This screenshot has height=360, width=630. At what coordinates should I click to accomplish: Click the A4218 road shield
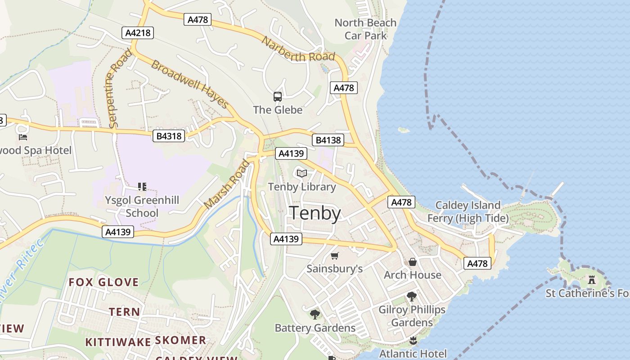tap(138, 32)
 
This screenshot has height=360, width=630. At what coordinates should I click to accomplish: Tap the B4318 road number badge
tap(169, 135)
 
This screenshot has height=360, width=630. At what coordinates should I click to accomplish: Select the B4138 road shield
tap(328, 140)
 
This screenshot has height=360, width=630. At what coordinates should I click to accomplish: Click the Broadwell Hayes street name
tap(190, 84)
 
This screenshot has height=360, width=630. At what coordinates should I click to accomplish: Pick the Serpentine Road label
tap(120, 88)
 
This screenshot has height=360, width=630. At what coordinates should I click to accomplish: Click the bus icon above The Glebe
tap(278, 96)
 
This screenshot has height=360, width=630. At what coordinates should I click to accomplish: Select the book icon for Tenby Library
tap(301, 173)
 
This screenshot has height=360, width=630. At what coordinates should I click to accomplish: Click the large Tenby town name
tap(315, 213)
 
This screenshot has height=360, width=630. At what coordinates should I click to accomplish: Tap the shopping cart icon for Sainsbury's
tap(334, 256)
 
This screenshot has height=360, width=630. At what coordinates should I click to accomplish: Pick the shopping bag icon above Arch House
tap(412, 262)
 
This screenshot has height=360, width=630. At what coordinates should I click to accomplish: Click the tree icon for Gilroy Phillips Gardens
tap(411, 296)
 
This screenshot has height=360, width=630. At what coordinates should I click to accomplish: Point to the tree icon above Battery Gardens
tap(315, 314)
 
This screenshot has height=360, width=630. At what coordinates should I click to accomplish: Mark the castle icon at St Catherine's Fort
tap(591, 280)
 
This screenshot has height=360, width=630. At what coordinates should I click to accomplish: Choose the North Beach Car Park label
tap(365, 29)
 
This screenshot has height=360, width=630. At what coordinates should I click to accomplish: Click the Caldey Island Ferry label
tap(468, 212)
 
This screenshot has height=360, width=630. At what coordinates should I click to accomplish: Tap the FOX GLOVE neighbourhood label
tap(103, 283)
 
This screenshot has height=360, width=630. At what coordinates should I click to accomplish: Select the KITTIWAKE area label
tap(118, 342)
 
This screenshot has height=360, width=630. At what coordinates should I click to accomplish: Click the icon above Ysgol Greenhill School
tap(142, 186)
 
